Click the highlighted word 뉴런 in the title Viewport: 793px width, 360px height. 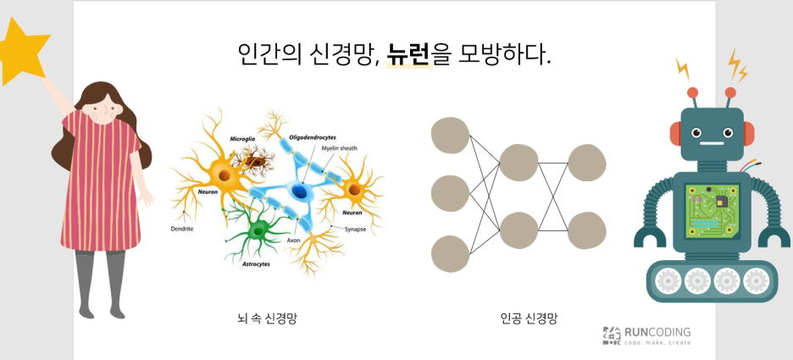(409, 55)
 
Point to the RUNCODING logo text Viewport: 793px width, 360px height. (657, 332)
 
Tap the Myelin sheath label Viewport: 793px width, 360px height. (339, 148)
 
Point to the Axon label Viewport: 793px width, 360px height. (293, 240)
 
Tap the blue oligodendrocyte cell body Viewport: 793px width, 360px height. (298, 192)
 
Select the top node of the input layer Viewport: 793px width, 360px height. (451, 136)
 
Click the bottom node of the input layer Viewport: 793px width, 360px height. (451, 254)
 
